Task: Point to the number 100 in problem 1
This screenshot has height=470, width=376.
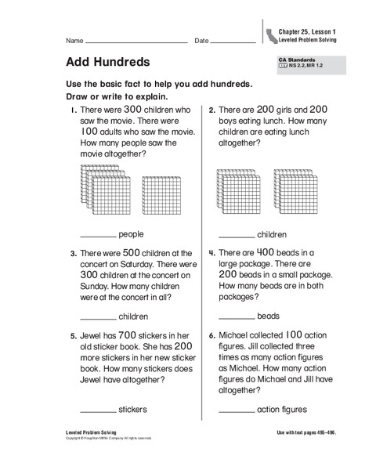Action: [x=90, y=133]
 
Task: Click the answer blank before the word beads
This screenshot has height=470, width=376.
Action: [x=236, y=318]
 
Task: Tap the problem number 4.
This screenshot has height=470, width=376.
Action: [x=211, y=254]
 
